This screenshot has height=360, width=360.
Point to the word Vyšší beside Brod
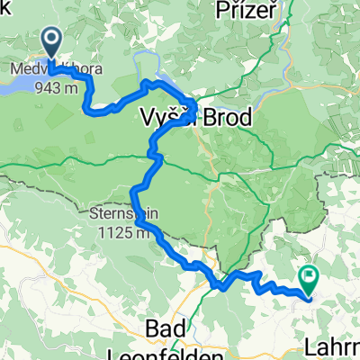click(x=162, y=118)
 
